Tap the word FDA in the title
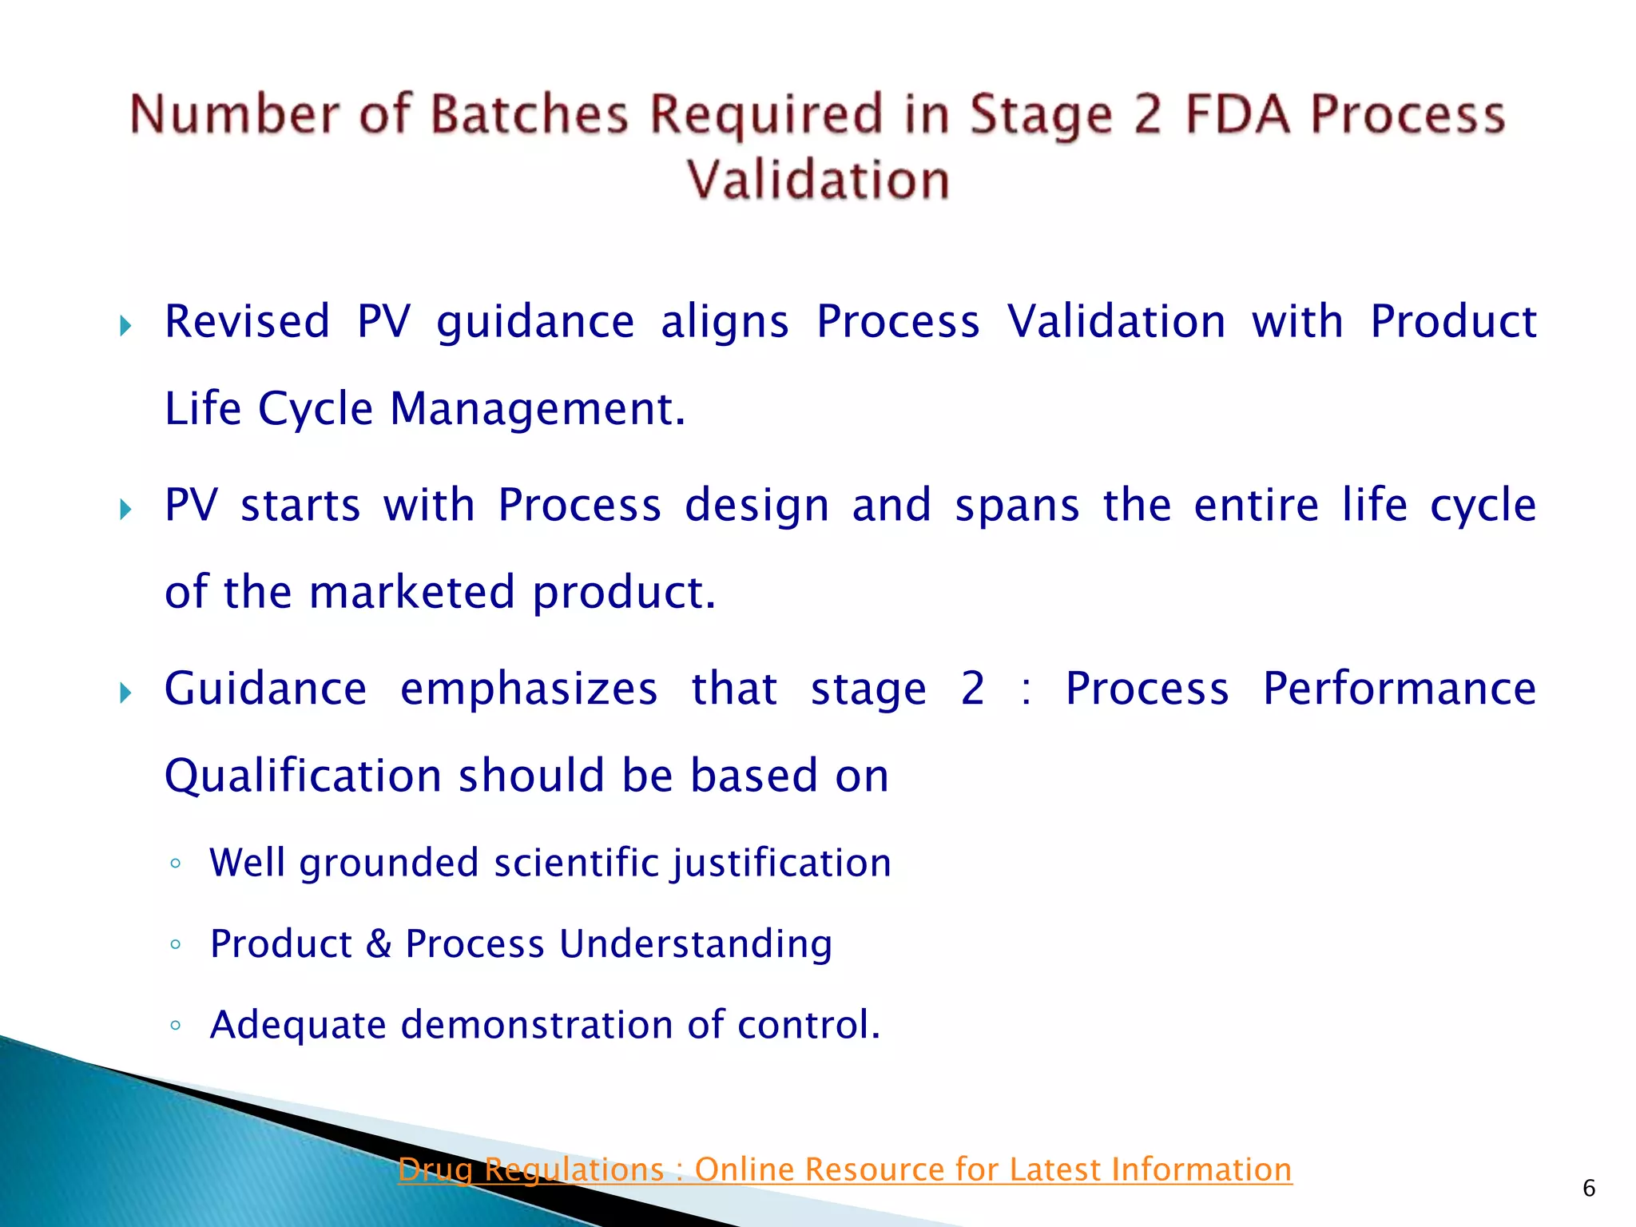[x=1237, y=114]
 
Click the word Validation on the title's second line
[x=818, y=180]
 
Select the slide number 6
[x=1589, y=1189]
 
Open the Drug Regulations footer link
[x=844, y=1169]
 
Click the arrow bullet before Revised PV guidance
[x=125, y=326]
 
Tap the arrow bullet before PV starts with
[x=125, y=509]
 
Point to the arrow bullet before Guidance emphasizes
[x=125, y=693]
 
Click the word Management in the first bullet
[x=537, y=409]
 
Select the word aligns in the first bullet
[x=725, y=322]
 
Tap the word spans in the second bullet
[x=1017, y=506]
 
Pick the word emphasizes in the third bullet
[x=529, y=689]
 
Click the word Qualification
[x=303, y=776]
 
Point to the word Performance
[x=1399, y=689]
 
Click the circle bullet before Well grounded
[x=176, y=864]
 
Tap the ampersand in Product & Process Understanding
[x=379, y=944]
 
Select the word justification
[x=781, y=864]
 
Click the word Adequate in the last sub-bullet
[x=298, y=1026]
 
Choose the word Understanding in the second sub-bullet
[x=695, y=944]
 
